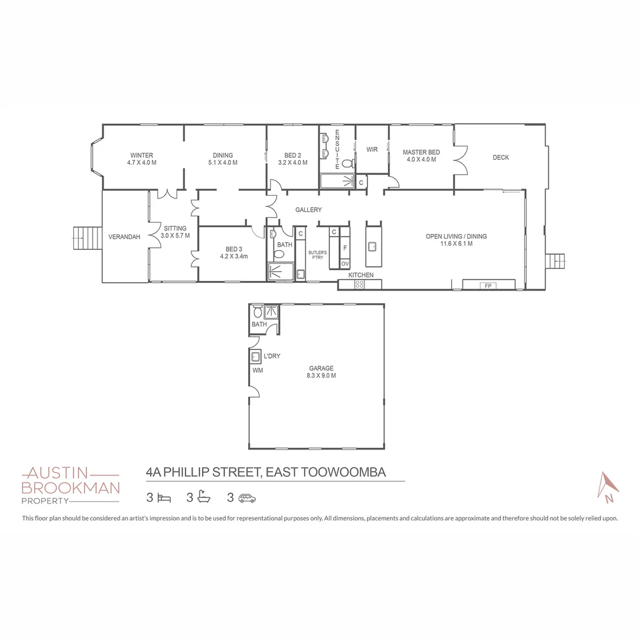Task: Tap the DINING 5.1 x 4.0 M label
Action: point(223,159)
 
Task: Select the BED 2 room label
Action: point(292,159)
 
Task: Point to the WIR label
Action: point(372,149)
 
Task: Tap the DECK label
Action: point(500,158)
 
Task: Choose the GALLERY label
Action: point(309,210)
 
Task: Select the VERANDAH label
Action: point(124,237)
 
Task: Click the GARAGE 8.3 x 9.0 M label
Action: point(321,372)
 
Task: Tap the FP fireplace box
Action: point(488,286)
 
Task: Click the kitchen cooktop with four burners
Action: point(359,285)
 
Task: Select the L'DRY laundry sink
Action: point(256,356)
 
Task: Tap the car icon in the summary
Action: point(247,498)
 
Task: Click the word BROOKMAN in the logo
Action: point(70,487)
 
